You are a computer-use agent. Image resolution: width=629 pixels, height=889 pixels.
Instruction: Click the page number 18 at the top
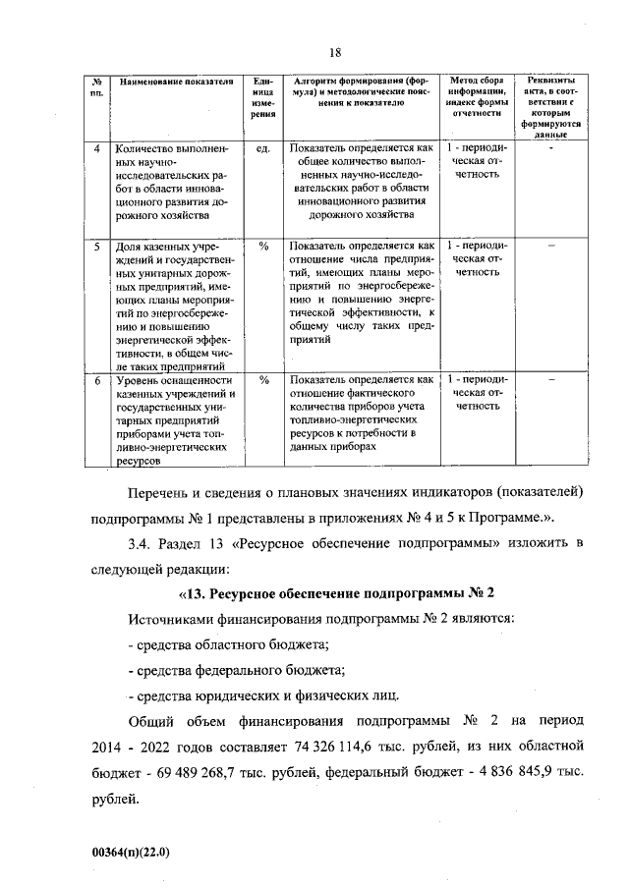click(x=334, y=52)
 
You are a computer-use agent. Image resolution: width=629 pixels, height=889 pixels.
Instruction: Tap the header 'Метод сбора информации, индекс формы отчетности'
click(x=476, y=96)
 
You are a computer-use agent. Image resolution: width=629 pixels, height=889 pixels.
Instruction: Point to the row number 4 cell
click(x=96, y=150)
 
